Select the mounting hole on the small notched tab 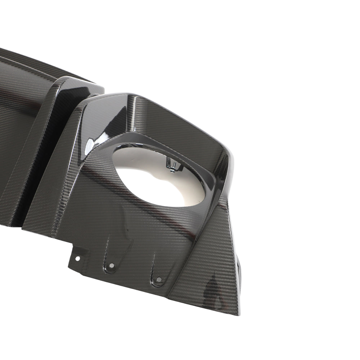[x=77, y=258]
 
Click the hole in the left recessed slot [x=111, y=265]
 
